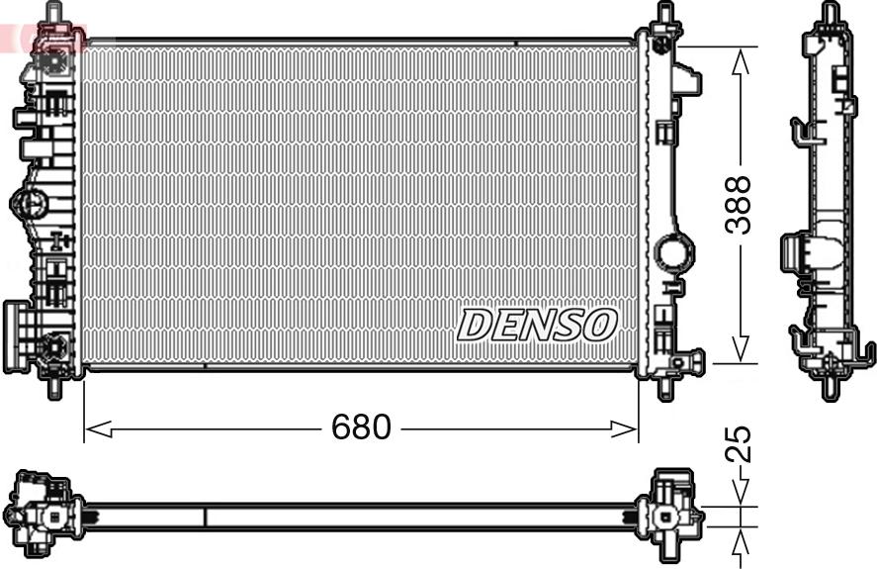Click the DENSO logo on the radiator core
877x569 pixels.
coord(537,325)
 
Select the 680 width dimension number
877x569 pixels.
coord(361,427)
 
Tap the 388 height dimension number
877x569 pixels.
coord(738,205)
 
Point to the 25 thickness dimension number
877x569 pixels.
coord(738,444)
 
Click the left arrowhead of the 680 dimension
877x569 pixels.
coord(99,429)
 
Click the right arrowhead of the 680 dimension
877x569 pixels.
coord(624,429)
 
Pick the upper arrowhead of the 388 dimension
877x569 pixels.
coord(741,61)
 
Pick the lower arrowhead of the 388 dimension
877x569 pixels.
coord(741,348)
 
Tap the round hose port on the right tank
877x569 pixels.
coord(674,253)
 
